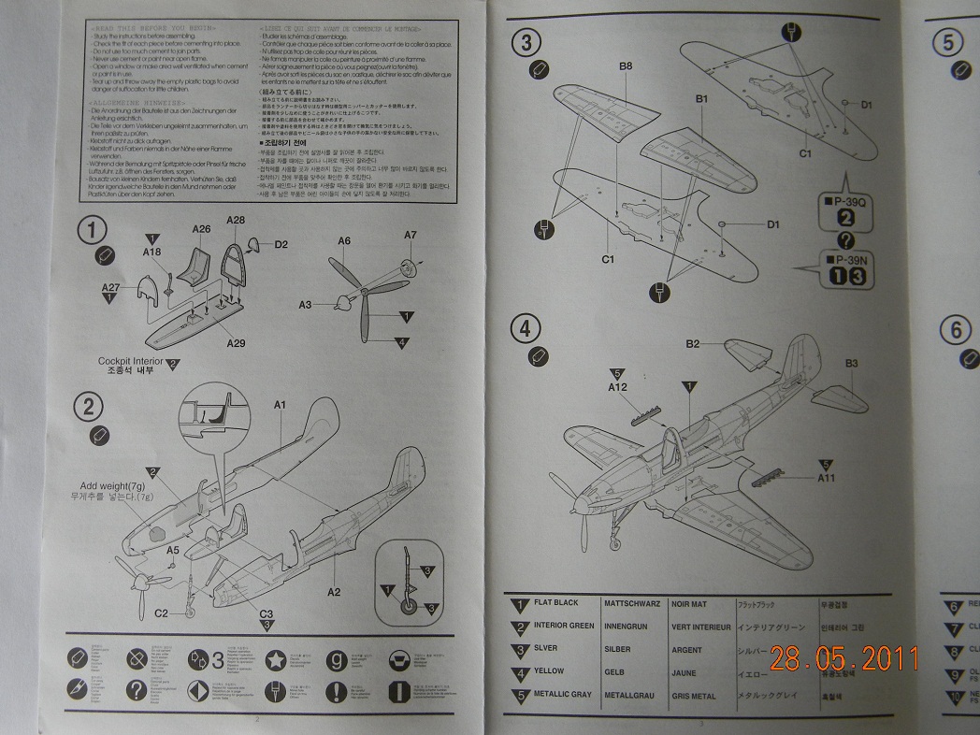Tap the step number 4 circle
click(x=526, y=328)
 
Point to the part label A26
click(x=201, y=229)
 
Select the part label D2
click(x=281, y=245)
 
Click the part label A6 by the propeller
click(x=344, y=241)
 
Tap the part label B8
click(x=626, y=65)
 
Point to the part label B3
click(x=851, y=363)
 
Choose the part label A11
click(x=826, y=478)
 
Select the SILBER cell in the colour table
click(x=618, y=649)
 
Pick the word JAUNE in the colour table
click(x=685, y=672)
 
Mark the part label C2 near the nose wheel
click(x=161, y=613)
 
